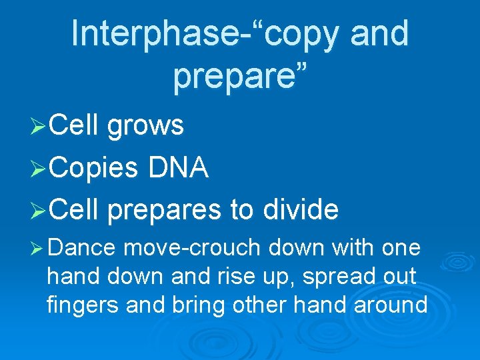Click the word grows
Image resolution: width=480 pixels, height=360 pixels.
(x=145, y=125)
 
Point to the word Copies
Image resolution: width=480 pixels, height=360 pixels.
(x=95, y=168)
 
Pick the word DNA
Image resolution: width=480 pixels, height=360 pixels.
(x=179, y=168)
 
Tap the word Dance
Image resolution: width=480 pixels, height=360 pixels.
(x=83, y=249)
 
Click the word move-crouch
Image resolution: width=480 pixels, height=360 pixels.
(x=192, y=249)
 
